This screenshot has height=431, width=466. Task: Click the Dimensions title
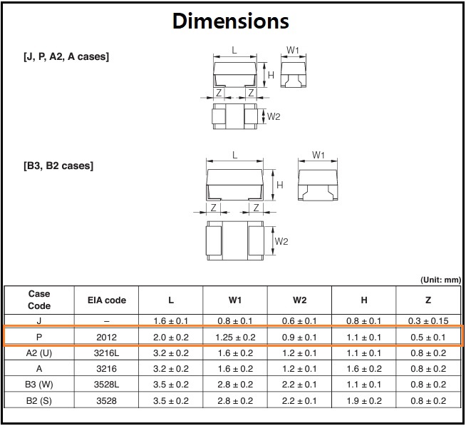tap(231, 21)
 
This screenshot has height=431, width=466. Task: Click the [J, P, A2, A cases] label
tap(66, 56)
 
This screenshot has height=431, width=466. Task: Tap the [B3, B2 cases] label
tap(58, 166)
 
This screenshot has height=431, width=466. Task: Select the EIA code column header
tap(107, 300)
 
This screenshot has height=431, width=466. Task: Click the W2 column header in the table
tap(299, 300)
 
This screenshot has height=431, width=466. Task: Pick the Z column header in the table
tap(428, 300)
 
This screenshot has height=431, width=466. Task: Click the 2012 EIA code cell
tap(106, 338)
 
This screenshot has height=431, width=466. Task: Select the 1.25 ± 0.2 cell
tap(235, 338)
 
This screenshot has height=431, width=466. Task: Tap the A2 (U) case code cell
tap(39, 353)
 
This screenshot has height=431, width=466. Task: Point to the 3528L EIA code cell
tap(106, 385)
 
